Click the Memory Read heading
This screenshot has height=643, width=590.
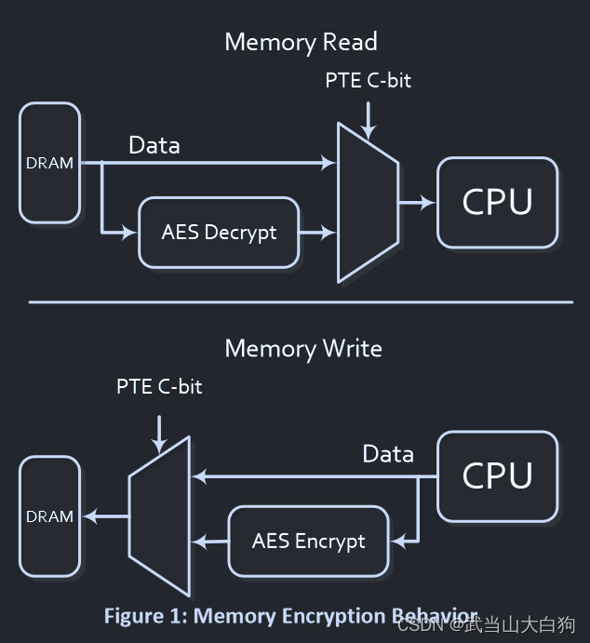[301, 42]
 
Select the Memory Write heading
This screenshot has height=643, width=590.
[303, 349]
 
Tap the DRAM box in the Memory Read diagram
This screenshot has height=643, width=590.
[49, 163]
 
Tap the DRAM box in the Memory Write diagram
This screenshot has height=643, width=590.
[49, 516]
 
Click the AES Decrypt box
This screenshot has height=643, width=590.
[219, 233]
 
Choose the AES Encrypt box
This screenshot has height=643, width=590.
[308, 541]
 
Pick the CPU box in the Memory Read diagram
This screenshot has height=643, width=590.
[497, 202]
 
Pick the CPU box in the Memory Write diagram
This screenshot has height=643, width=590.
[497, 476]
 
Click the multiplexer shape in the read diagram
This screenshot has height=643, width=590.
[368, 202]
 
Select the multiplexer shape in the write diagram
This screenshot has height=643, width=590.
[160, 516]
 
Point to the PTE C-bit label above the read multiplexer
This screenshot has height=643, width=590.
[368, 81]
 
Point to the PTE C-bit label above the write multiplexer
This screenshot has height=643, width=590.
[159, 386]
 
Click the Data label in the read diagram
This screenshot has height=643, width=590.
[154, 145]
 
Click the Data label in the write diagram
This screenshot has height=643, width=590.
[388, 454]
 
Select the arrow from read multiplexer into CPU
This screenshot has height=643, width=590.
[417, 202]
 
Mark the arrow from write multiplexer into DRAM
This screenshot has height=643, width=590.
[105, 516]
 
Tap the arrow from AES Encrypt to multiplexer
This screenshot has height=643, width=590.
[209, 541]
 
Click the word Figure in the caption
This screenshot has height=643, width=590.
[134, 616]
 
